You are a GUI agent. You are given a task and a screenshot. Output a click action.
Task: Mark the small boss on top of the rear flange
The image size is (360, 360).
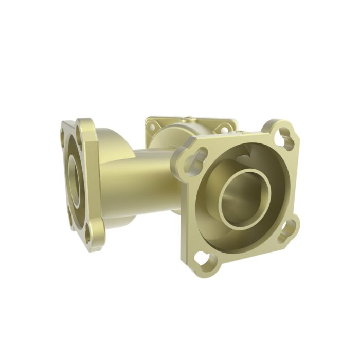tap(189, 118)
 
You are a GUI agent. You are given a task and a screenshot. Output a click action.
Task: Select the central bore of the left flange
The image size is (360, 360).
tap(74, 180)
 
